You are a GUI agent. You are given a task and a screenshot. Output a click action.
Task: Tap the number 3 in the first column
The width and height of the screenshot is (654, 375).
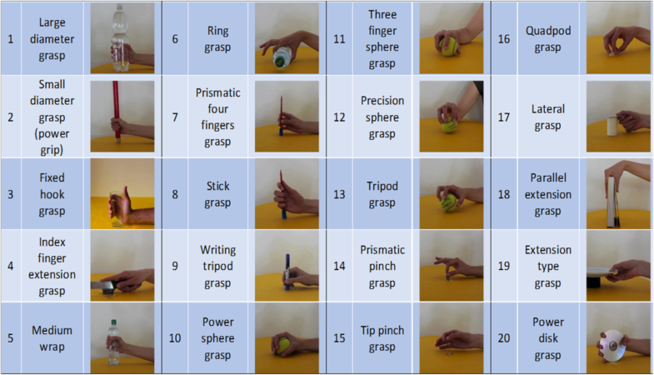pyautogui.click(x=10, y=192)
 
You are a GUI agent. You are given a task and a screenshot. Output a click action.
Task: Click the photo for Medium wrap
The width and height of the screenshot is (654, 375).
pyautogui.click(x=122, y=337)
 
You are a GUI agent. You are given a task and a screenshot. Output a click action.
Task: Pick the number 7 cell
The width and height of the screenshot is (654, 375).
pyautogui.click(x=175, y=117)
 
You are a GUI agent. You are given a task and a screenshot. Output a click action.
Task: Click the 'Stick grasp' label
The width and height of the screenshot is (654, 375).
pyautogui.click(x=218, y=192)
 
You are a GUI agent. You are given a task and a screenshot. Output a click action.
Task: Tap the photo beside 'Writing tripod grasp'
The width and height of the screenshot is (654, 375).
pyautogui.click(x=287, y=266)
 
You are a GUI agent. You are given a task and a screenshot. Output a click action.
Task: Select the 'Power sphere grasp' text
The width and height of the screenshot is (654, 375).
pyautogui.click(x=218, y=337)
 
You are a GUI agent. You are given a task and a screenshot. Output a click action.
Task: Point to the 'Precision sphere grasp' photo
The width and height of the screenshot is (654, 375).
pyautogui.click(x=451, y=117)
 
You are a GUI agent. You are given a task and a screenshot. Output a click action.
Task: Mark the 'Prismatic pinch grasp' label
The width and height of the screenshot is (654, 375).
pyautogui.click(x=382, y=266)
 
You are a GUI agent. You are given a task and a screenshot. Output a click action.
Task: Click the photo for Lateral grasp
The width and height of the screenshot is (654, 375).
pyautogui.click(x=617, y=117)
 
